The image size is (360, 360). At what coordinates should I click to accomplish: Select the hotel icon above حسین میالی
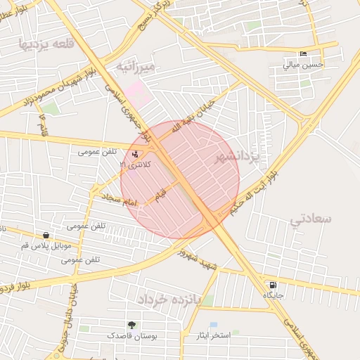[303, 54]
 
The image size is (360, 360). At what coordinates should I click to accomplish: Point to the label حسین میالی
[303, 65]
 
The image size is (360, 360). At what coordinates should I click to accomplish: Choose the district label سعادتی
[310, 219]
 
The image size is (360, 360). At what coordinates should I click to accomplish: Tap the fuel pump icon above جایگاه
[272, 285]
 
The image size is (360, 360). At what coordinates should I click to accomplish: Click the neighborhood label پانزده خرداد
[169, 300]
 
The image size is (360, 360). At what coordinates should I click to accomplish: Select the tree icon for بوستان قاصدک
[131, 325]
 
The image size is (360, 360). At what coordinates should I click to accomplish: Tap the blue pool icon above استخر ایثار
[214, 326]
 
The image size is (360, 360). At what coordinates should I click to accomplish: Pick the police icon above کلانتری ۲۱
[135, 154]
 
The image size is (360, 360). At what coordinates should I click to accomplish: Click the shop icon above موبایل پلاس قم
[46, 236]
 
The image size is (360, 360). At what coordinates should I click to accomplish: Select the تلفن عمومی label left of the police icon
[96, 151]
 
